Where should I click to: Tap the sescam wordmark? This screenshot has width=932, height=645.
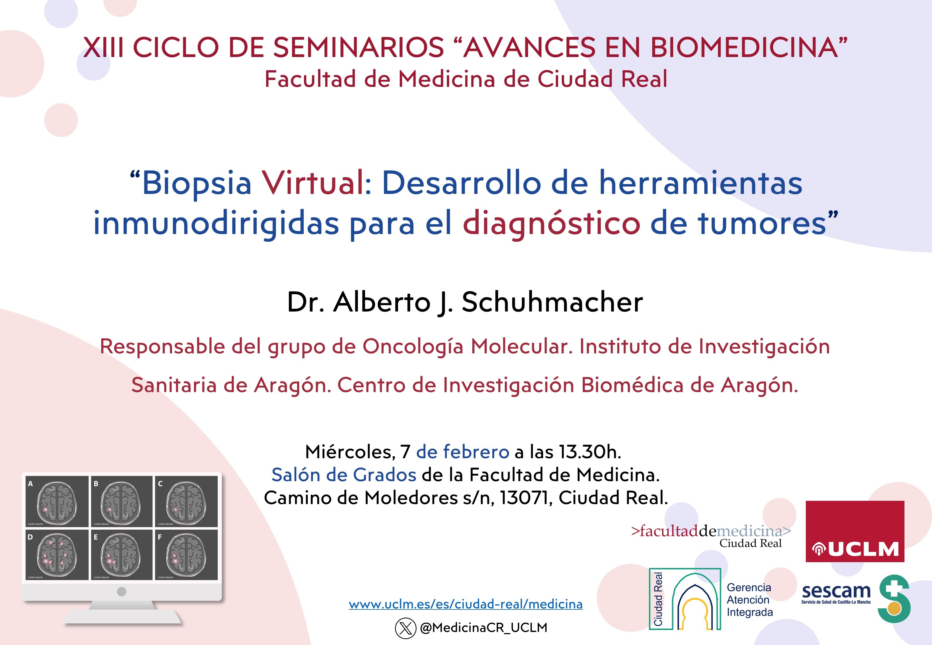click(836, 591)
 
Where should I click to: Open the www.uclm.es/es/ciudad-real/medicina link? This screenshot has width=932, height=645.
click(466, 604)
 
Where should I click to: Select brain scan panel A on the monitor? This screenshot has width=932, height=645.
click(57, 502)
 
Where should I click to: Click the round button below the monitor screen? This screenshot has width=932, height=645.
click(121, 592)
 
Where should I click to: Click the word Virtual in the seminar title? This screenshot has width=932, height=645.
click(314, 183)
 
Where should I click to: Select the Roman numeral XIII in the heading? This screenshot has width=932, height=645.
click(103, 48)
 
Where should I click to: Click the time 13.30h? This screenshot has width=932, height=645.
click(590, 452)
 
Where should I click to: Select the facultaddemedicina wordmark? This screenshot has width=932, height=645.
click(711, 531)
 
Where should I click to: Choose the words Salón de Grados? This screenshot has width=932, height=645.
click(344, 475)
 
